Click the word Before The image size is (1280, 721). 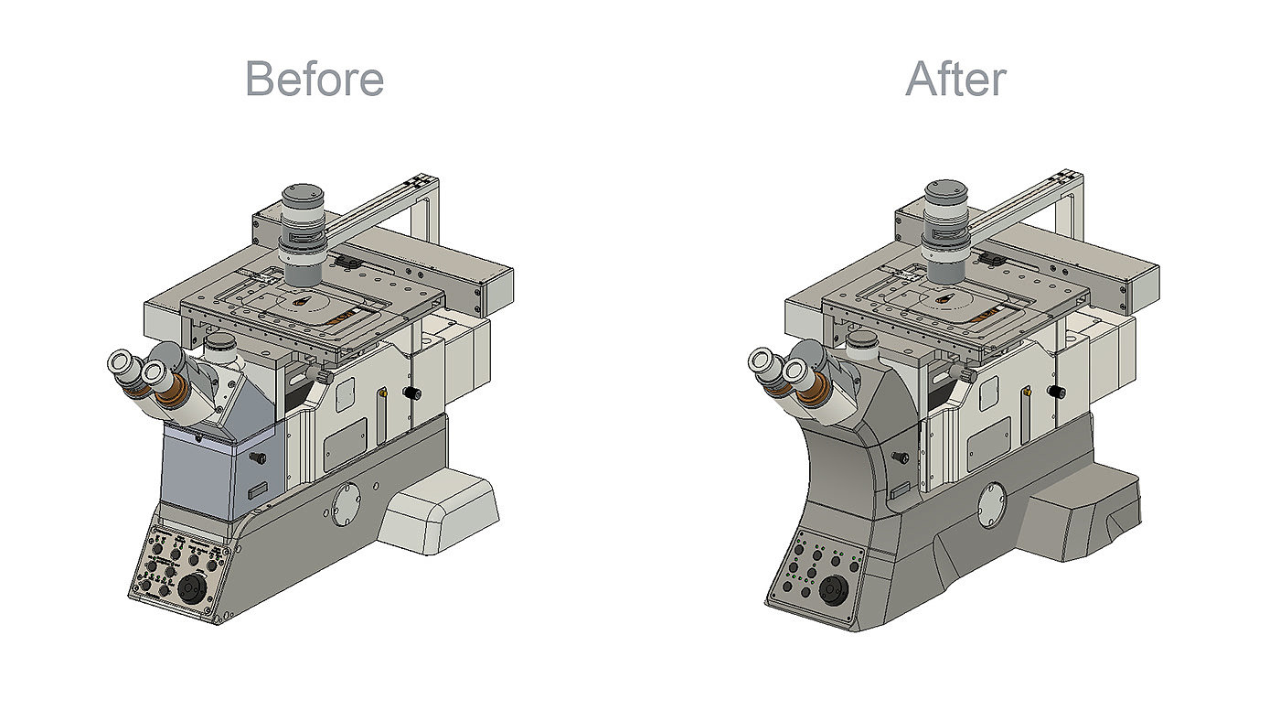coord(315,79)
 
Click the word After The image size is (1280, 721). coord(956,79)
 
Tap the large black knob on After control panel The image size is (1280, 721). coord(831,590)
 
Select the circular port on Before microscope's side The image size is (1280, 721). coord(347,504)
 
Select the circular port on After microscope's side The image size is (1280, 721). coord(991,505)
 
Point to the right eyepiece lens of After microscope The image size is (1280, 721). coord(795,372)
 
